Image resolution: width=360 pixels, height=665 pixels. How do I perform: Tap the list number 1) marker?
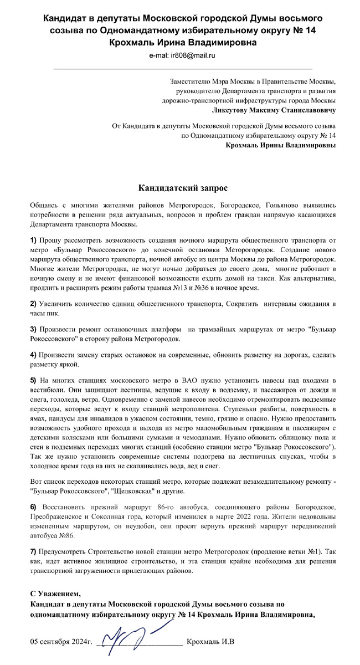[34, 240]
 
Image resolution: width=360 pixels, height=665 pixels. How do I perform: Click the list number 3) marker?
[34, 330]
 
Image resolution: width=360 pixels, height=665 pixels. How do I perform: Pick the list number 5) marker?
[34, 380]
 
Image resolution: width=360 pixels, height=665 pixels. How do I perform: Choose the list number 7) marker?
[34, 553]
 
